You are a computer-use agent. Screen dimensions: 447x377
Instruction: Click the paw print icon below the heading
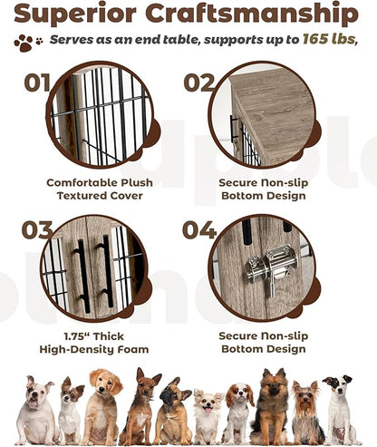click(x=26, y=42)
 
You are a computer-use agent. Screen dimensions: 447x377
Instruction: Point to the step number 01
click(x=37, y=83)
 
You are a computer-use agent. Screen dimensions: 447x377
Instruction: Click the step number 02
click(x=199, y=83)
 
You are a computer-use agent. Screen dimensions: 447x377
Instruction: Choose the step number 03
click(x=37, y=230)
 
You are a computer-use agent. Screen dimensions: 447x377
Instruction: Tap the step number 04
click(x=199, y=230)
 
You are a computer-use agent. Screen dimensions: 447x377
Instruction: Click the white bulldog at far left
click(x=34, y=413)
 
